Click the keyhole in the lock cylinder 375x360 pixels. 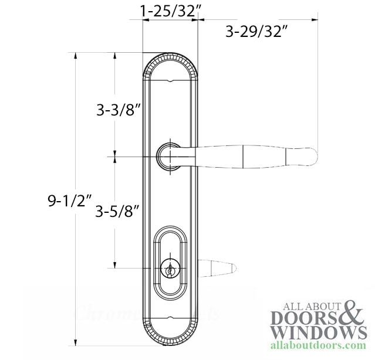click(170, 271)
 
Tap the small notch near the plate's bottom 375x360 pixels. click(170, 320)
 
